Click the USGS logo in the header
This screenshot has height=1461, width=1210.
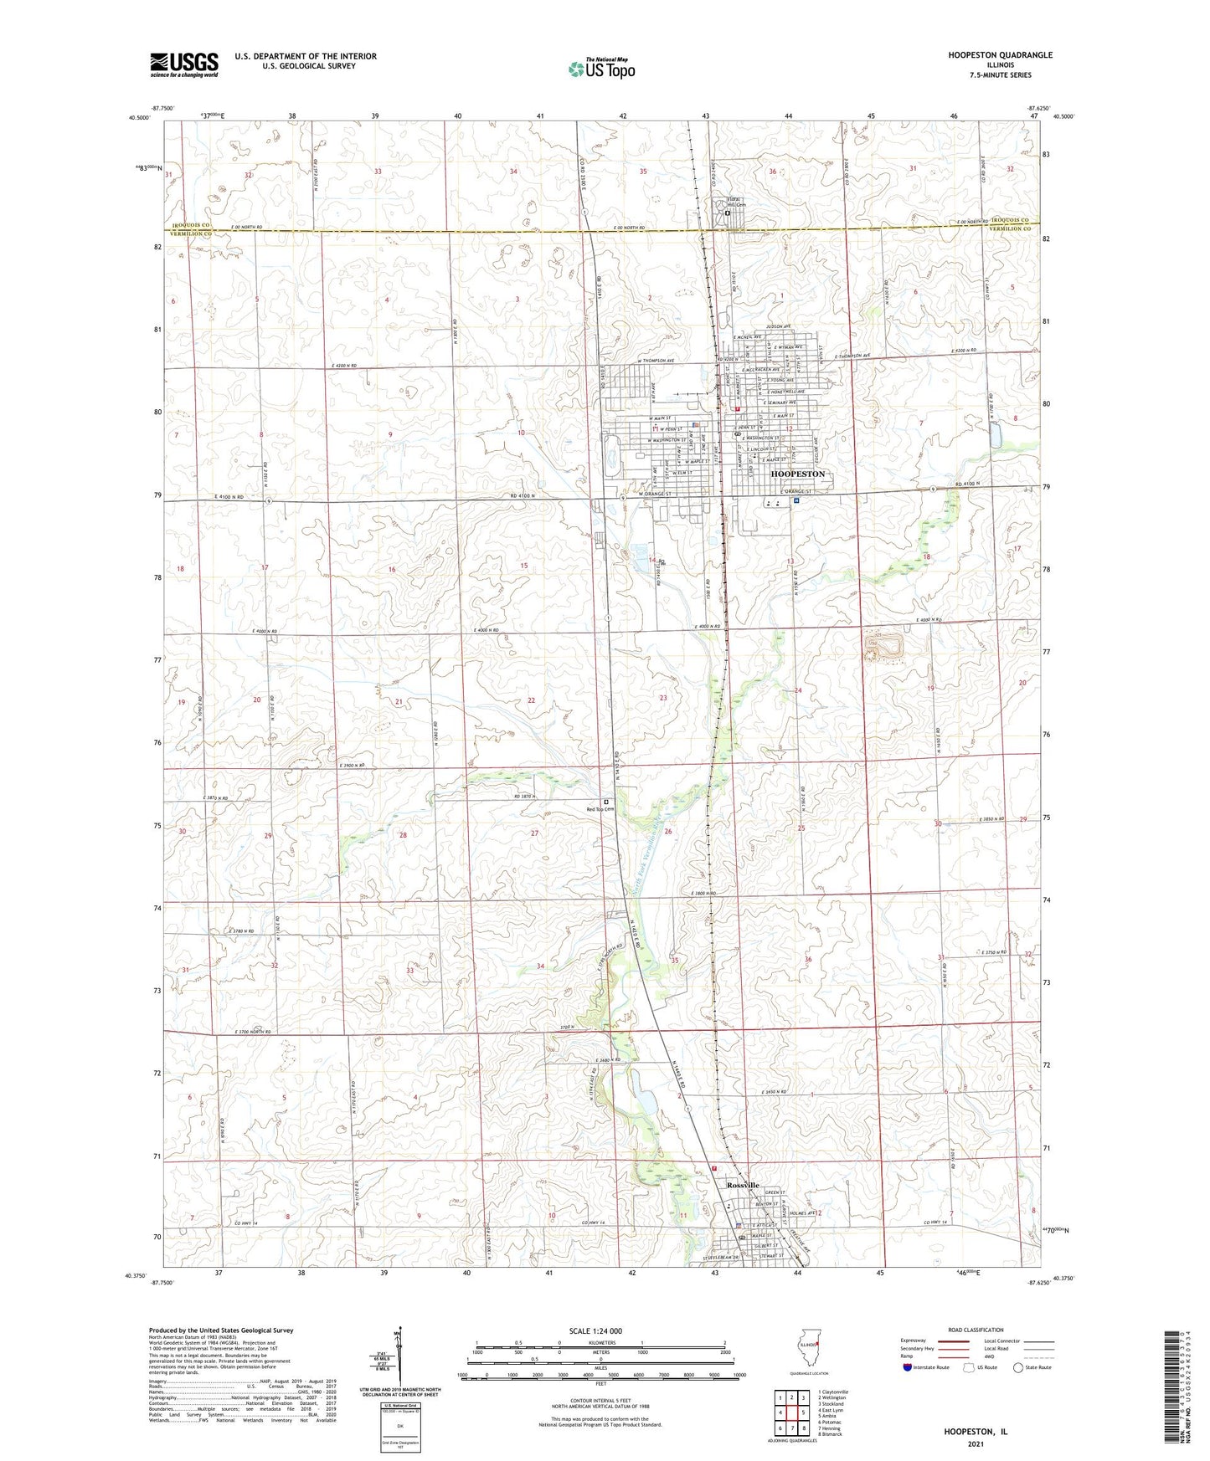pyautogui.click(x=184, y=64)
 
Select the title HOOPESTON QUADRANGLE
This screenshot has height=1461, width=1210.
pyautogui.click(x=1000, y=55)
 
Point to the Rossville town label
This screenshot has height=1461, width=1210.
pyautogui.click(x=743, y=1186)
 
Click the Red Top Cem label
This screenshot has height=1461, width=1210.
pyautogui.click(x=600, y=809)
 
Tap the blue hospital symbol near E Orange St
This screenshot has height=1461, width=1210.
pyautogui.click(x=796, y=501)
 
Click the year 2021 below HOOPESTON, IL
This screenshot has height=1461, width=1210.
pyautogui.click(x=976, y=1443)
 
